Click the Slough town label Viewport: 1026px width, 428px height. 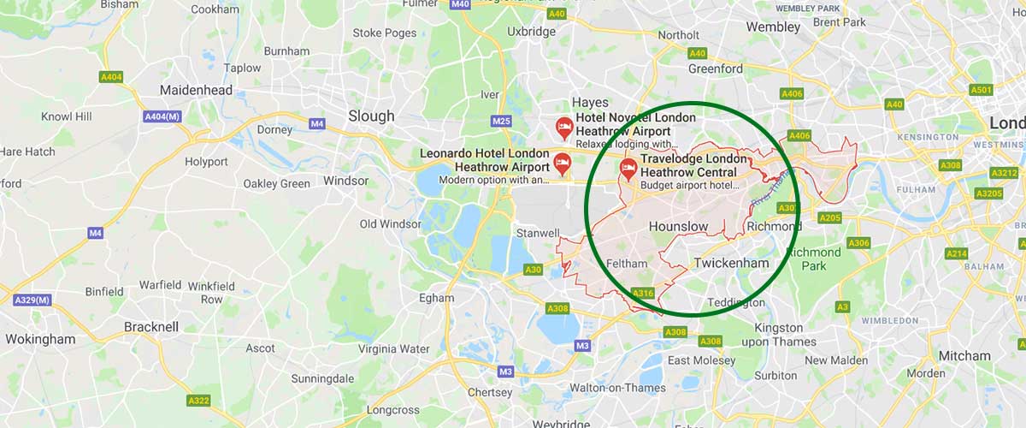(372, 116)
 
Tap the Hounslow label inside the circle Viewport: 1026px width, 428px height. (679, 226)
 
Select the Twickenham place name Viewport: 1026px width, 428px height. (731, 263)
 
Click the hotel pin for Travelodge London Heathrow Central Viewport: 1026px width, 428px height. (628, 168)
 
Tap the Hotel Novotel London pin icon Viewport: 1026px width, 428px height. (564, 128)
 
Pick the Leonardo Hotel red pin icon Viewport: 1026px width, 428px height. (562, 161)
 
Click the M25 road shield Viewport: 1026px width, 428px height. (501, 121)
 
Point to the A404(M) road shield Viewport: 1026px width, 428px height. (162, 116)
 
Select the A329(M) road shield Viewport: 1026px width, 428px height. (32, 300)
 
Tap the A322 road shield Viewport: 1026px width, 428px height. (198, 401)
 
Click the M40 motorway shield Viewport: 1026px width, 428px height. (460, 4)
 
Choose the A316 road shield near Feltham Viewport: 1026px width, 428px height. (643, 294)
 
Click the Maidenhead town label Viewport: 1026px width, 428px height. (196, 90)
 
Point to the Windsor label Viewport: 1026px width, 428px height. (346, 181)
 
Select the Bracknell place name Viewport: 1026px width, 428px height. (151, 326)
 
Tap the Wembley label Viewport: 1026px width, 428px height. (773, 27)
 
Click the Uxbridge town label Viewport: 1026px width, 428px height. (531, 32)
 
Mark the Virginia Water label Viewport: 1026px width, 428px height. (393, 348)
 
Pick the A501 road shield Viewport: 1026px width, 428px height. (980, 90)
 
